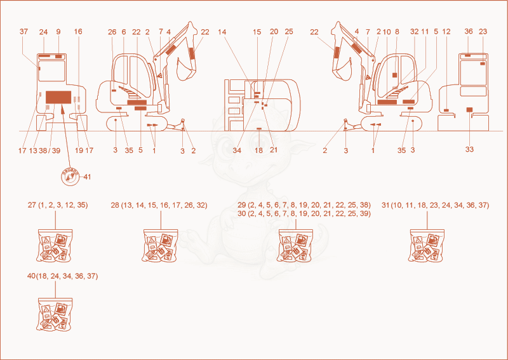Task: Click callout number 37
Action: (x=23, y=32)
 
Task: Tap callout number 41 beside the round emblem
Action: (x=87, y=177)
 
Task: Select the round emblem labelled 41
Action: (x=70, y=177)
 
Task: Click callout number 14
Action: (x=222, y=32)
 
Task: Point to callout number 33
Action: (x=469, y=149)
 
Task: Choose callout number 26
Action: (x=112, y=32)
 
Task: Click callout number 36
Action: (x=469, y=32)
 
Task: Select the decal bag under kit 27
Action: (x=55, y=245)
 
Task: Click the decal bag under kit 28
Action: (x=160, y=245)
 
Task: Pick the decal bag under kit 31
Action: (x=426, y=245)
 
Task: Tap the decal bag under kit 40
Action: (x=55, y=314)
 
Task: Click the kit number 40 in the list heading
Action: (x=31, y=276)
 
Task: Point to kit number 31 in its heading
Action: (x=386, y=205)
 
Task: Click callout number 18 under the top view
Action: (x=259, y=150)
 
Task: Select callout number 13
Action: (x=33, y=150)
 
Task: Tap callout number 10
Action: (x=387, y=32)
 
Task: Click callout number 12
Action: (x=446, y=32)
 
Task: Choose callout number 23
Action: (x=483, y=32)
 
